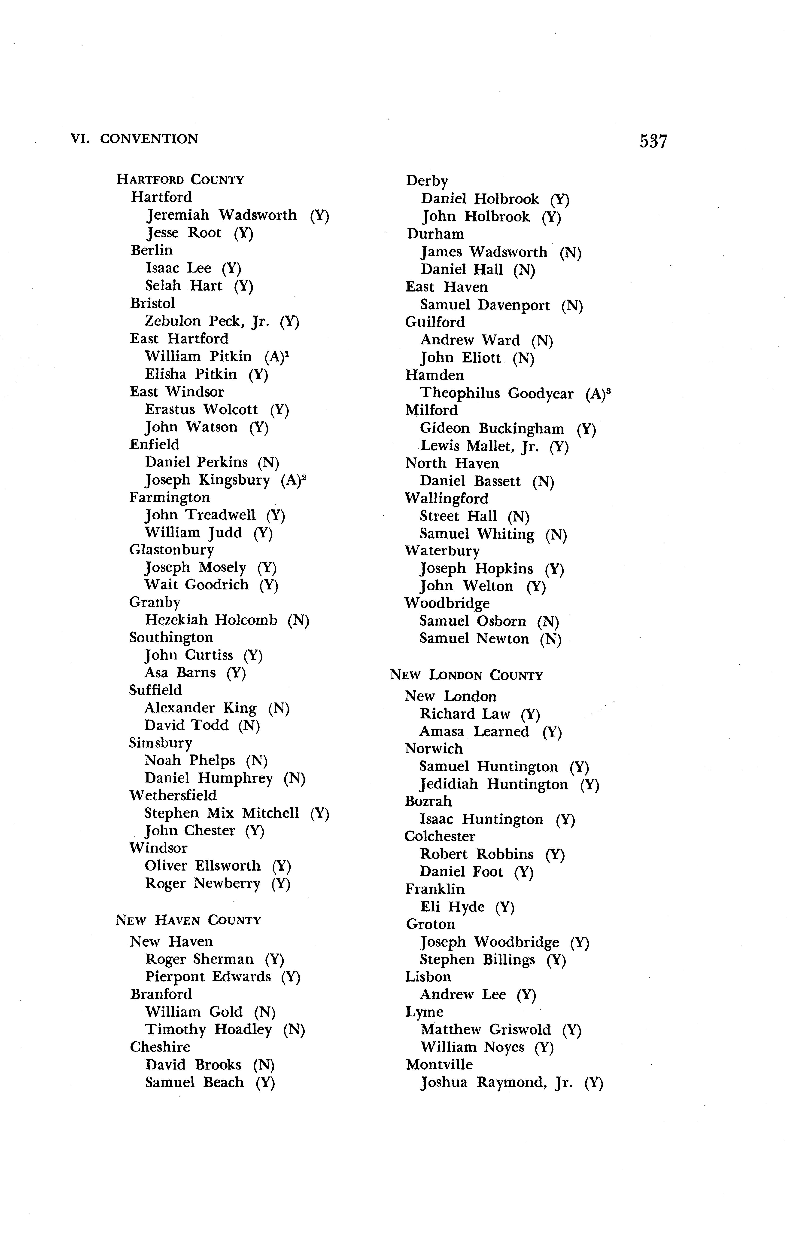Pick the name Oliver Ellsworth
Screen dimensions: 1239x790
click(203, 865)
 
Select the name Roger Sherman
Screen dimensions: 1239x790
click(200, 959)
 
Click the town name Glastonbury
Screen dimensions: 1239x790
click(171, 549)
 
